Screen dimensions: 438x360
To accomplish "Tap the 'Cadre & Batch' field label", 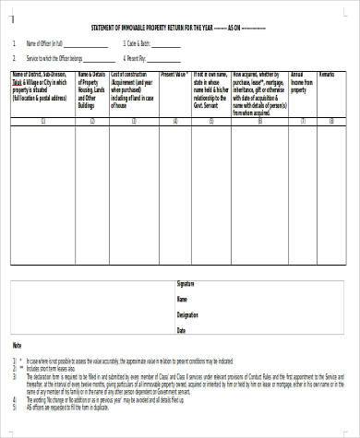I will coord(138,43).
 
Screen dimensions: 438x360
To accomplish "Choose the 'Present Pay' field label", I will coord(137,55).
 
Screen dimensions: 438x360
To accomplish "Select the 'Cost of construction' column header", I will coord(133,85).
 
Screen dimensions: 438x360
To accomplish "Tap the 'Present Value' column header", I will coord(175,72).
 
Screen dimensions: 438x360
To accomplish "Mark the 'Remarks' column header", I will coord(329,72).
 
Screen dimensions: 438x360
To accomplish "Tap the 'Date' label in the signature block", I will coord(182,329).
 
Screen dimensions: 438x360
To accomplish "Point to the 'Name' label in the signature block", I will coord(183,301).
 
